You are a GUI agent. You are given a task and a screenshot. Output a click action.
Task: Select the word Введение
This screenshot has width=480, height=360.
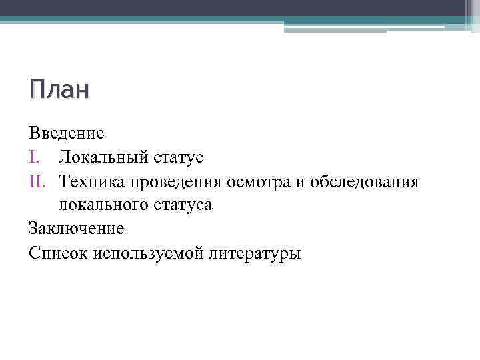click(x=67, y=133)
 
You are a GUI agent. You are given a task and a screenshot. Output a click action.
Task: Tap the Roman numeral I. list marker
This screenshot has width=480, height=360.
click(x=37, y=157)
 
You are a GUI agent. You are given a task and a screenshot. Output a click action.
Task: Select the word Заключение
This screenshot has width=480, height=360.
click(x=77, y=229)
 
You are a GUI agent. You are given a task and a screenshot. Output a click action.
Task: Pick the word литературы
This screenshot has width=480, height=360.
click(x=255, y=253)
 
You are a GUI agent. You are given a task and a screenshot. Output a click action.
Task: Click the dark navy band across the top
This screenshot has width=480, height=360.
click(x=227, y=7)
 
